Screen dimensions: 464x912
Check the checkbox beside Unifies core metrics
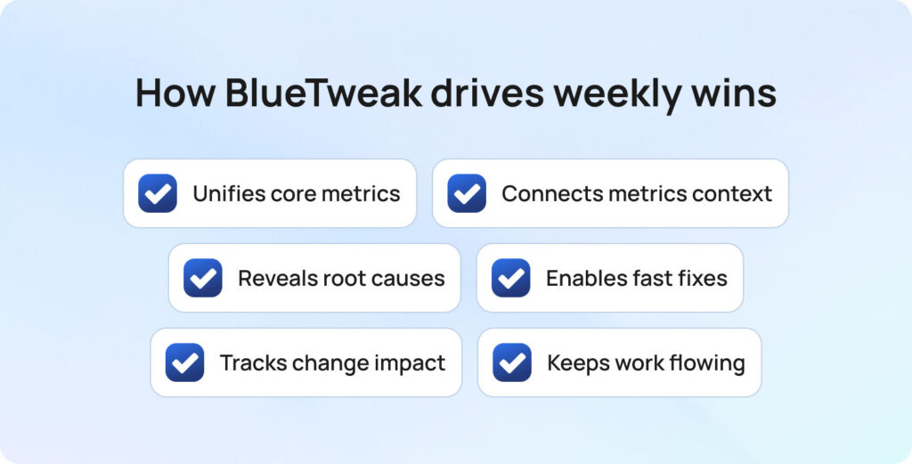coord(158,193)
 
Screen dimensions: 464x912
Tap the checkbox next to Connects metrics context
coord(467,193)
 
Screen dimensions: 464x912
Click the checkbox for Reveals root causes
coord(203,278)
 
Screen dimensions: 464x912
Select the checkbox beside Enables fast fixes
coord(511,278)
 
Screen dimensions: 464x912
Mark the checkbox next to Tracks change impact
coord(185,362)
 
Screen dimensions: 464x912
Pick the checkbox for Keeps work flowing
coord(512,362)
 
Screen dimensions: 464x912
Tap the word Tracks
coord(250,362)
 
